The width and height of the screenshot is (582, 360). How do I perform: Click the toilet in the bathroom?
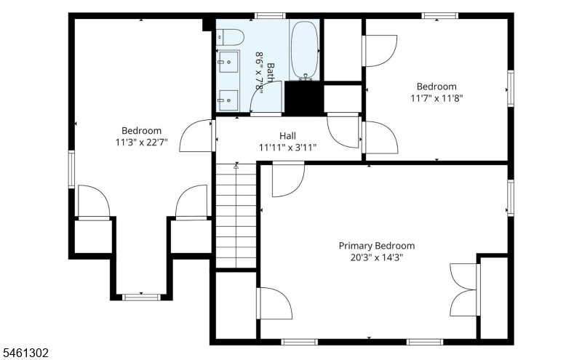(230, 37)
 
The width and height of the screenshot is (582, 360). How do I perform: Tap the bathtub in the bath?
(304, 50)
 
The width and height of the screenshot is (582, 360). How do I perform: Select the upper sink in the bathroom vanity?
(228, 62)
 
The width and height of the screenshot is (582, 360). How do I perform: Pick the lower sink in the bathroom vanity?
(228, 100)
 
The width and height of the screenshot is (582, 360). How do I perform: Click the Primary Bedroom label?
(376, 246)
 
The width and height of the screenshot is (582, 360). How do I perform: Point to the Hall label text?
(287, 136)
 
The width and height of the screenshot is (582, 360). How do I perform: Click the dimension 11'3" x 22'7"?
(141, 142)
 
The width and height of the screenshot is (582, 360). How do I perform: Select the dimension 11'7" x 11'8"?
(436, 98)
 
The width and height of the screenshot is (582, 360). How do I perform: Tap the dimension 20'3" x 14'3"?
(376, 257)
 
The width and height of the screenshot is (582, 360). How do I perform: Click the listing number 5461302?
(26, 353)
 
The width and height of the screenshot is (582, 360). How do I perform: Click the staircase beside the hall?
(236, 215)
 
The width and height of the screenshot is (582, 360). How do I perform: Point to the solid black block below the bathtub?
(303, 98)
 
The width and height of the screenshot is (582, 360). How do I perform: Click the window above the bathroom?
(270, 15)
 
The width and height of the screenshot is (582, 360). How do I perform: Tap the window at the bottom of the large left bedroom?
(141, 297)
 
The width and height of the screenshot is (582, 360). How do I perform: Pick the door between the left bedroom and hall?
(196, 135)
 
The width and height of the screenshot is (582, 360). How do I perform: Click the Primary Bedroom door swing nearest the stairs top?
(288, 180)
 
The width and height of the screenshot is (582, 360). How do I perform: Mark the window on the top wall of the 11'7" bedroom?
(440, 15)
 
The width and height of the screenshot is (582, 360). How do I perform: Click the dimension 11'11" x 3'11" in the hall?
(287, 148)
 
